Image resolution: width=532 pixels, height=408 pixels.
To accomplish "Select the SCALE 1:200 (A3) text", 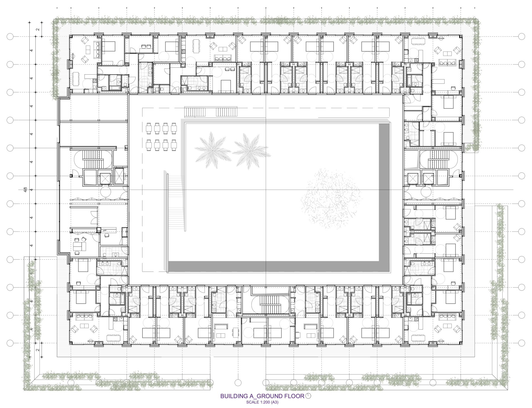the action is pyautogui.click(x=262, y=402).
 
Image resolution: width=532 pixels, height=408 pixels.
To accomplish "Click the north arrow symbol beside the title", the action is pyautogui.click(x=308, y=396).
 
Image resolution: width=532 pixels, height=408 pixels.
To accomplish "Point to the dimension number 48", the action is pyautogui.click(x=25, y=190).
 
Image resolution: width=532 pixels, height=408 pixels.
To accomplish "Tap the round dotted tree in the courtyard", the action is pyautogui.click(x=331, y=198).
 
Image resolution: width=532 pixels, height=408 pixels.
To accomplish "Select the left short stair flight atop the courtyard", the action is pyautogui.click(x=195, y=112).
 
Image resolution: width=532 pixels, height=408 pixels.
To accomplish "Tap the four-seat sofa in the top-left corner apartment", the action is pyautogui.click(x=97, y=50).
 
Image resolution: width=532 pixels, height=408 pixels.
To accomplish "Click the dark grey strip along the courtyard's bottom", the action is pyautogui.click(x=273, y=267).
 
